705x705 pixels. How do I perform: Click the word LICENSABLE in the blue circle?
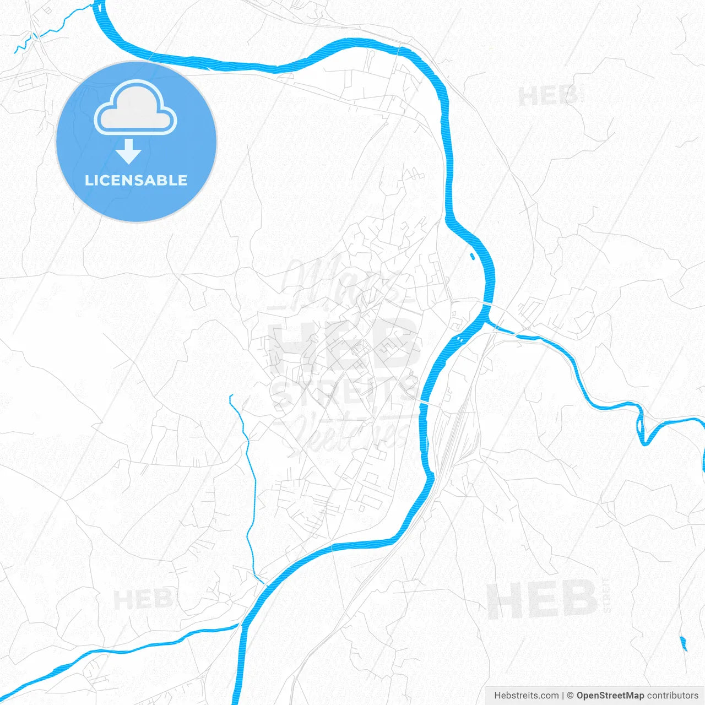pos(136,180)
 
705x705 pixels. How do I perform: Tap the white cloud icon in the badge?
pos(135,109)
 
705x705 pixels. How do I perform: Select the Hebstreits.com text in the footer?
pos(526,696)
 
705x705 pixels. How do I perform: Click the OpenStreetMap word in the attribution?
pos(610,696)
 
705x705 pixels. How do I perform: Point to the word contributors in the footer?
pos(673,696)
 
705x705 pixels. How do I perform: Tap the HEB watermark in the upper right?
pos(548,96)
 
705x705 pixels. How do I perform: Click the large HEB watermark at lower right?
pos(543,599)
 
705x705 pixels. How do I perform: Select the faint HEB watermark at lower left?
pos(142,599)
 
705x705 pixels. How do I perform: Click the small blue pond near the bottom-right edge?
pos(684,643)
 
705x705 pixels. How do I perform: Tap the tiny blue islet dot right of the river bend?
pos(472,256)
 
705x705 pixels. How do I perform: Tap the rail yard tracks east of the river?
pos(453,435)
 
